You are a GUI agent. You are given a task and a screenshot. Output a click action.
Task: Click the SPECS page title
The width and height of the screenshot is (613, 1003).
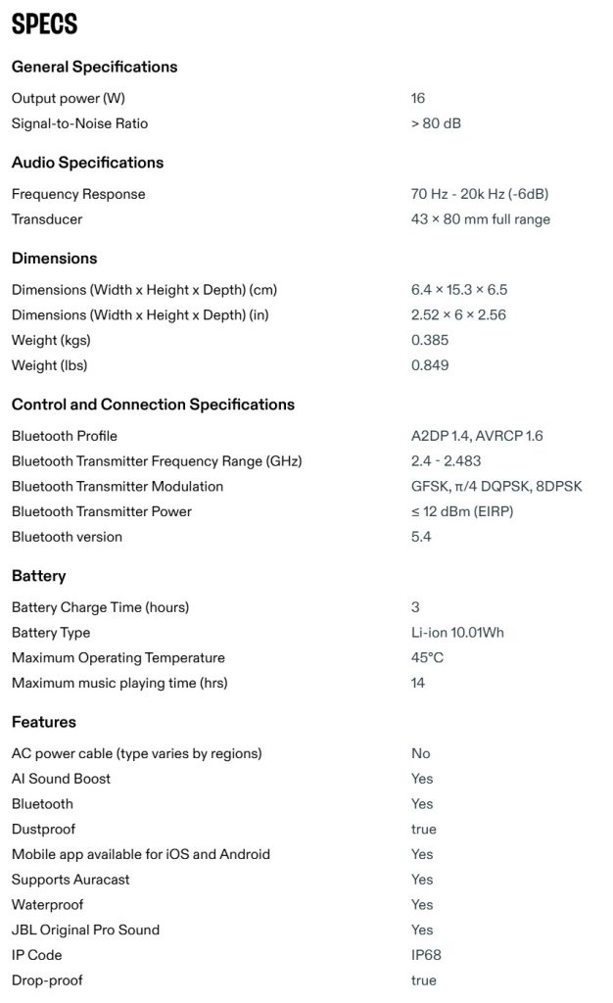click(x=44, y=24)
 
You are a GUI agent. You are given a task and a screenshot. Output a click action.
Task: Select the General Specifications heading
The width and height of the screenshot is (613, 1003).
click(x=94, y=67)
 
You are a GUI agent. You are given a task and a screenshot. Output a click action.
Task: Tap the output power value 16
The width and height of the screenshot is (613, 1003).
click(x=418, y=98)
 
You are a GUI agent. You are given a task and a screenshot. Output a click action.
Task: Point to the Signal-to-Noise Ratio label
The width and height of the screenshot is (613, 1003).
click(x=79, y=123)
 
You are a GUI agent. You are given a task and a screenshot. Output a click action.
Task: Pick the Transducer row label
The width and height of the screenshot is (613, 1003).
click(x=47, y=219)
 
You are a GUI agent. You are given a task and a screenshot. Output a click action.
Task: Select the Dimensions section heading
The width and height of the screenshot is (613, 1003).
click(x=54, y=259)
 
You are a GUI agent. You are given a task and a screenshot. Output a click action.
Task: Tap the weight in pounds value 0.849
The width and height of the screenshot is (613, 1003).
click(x=430, y=365)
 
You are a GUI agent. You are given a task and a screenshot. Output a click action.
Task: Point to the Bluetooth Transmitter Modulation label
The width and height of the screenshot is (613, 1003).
click(x=118, y=486)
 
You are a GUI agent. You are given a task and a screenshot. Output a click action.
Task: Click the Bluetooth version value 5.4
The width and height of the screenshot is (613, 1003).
click(x=421, y=537)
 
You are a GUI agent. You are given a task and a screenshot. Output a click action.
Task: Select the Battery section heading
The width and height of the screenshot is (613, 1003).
click(x=39, y=576)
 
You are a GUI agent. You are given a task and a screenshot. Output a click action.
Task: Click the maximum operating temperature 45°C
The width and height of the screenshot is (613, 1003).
click(x=427, y=658)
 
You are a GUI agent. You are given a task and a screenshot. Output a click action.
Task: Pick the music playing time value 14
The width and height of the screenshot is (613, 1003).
click(x=418, y=683)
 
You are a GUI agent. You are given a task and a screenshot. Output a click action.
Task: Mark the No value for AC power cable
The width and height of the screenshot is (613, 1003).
click(x=421, y=753)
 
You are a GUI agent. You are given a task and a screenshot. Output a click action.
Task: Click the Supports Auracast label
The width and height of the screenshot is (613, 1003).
click(x=71, y=880)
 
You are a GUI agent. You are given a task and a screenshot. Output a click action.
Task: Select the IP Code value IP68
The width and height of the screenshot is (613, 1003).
click(x=427, y=955)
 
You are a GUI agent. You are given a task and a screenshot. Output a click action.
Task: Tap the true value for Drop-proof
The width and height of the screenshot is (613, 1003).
click(x=424, y=980)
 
